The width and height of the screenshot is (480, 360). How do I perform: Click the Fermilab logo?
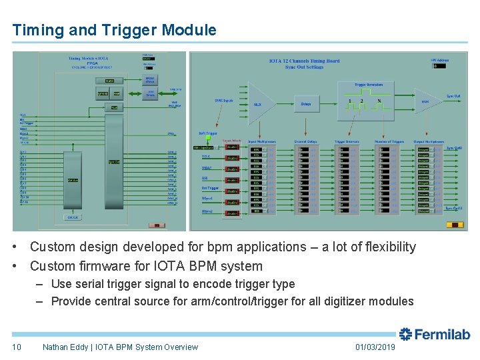(x=434, y=334)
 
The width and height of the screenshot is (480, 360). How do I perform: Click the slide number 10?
(x=16, y=347)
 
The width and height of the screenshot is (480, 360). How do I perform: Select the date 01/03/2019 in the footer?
(x=375, y=347)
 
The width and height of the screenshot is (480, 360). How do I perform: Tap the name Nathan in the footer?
(x=57, y=347)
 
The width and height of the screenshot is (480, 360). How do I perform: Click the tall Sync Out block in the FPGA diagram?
(x=114, y=160)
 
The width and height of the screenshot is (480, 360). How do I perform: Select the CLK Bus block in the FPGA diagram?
(x=73, y=180)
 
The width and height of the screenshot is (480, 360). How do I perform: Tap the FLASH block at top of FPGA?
(x=110, y=81)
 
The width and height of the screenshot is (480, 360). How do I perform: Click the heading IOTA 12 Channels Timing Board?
(x=304, y=61)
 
